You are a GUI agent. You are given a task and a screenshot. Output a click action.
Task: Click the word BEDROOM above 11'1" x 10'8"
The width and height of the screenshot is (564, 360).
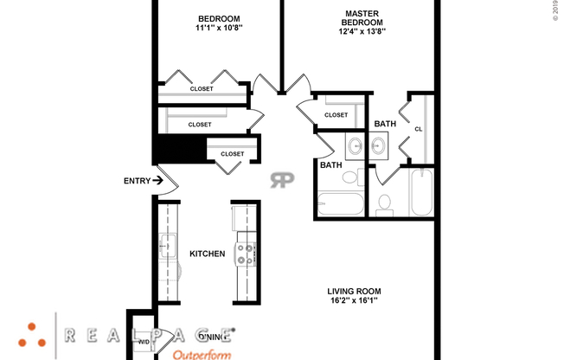219,18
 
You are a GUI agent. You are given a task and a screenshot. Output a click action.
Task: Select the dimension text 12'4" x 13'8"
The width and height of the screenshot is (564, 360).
362,32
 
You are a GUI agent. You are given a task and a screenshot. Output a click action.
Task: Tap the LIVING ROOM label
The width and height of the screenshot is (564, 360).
354,291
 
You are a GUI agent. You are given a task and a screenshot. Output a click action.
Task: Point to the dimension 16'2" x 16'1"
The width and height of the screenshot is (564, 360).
354,301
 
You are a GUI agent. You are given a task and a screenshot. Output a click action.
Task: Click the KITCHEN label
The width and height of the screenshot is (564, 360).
207,254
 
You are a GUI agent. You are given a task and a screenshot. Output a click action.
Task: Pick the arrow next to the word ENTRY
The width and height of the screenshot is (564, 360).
157,181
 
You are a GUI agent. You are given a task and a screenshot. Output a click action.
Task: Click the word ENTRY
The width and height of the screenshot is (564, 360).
137,181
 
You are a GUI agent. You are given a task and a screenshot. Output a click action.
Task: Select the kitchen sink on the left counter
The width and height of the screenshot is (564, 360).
167,242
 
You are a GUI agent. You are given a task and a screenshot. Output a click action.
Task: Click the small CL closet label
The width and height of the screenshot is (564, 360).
419,129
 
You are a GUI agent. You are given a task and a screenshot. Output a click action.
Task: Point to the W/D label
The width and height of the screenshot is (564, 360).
144,343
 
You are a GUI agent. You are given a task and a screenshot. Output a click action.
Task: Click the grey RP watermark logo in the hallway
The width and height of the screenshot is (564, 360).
282,179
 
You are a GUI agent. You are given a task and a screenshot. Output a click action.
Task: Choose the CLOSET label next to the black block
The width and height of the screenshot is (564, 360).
232,154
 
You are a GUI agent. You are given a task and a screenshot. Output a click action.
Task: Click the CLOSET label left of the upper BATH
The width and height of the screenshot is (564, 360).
336,115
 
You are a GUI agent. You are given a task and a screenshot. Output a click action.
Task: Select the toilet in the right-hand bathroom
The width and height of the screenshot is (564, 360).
386,203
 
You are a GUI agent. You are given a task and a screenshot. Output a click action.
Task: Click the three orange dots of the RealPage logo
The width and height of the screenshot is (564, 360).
35,334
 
